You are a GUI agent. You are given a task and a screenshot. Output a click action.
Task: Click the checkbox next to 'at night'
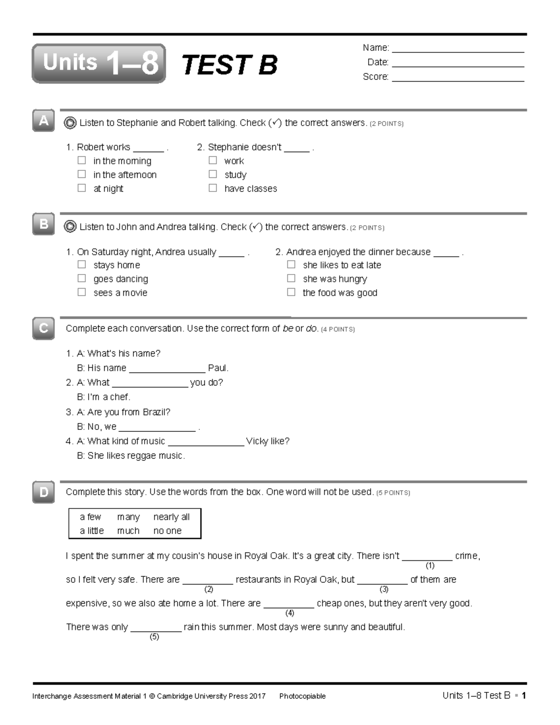tap(82, 188)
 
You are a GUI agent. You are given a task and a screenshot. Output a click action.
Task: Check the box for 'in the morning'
tap(82, 161)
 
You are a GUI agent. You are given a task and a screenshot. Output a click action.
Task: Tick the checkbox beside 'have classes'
tap(213, 188)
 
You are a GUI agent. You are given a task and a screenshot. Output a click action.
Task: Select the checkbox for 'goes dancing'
tap(82, 279)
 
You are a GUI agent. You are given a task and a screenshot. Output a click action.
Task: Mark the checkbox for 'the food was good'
tap(291, 292)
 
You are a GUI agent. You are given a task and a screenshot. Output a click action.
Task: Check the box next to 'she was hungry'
tap(291, 279)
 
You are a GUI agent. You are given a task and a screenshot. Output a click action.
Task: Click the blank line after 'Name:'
tap(458, 49)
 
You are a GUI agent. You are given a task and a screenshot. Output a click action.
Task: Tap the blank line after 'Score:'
tap(458, 77)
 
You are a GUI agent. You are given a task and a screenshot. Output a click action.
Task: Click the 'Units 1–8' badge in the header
tap(99, 63)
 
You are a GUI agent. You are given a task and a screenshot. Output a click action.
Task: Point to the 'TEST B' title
tap(229, 64)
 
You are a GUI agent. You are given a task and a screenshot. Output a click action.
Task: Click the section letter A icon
tap(43, 121)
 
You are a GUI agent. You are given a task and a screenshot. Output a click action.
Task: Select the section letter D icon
tap(43, 492)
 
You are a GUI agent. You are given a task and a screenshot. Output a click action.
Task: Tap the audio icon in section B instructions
tap(70, 227)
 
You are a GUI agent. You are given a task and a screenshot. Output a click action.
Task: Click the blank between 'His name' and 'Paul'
tap(167, 369)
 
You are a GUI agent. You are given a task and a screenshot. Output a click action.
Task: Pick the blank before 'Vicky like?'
tap(206, 442)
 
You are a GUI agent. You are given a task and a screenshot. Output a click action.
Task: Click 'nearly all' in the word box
tap(171, 517)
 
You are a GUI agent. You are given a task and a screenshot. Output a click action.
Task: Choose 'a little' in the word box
tap(91, 531)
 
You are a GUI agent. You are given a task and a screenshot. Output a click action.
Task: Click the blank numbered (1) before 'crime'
tap(427, 556)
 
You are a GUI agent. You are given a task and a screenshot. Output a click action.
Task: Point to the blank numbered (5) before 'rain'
tap(156, 627)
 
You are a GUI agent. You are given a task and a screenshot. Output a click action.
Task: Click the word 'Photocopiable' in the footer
tap(302, 696)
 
